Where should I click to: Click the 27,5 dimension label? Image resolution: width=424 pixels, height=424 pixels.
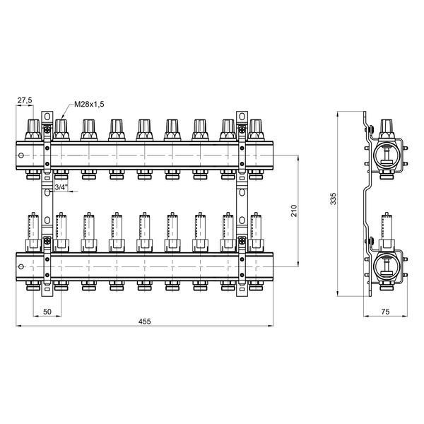(x=25, y=100)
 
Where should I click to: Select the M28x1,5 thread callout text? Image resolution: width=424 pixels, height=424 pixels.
(x=89, y=104)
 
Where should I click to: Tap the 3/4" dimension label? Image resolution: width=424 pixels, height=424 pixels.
(x=61, y=187)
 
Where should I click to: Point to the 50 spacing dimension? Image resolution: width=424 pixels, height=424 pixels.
(x=47, y=312)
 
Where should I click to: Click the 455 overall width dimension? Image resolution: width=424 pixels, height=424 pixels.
(x=145, y=322)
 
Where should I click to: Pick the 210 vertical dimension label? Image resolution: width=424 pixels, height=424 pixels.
(x=294, y=211)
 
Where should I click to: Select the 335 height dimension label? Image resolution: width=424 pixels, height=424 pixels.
(x=334, y=199)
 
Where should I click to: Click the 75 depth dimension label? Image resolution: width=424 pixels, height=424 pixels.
(x=385, y=312)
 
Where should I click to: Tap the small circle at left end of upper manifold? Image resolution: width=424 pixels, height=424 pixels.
(x=21, y=155)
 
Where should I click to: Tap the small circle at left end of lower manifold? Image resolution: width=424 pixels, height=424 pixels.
(x=21, y=267)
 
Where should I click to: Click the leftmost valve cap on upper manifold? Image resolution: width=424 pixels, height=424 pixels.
(x=33, y=130)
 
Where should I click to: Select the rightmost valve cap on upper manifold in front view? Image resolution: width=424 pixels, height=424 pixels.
(x=256, y=130)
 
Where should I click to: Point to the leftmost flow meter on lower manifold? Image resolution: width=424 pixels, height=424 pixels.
(x=33, y=232)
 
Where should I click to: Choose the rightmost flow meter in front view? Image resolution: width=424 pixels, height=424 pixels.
(x=256, y=232)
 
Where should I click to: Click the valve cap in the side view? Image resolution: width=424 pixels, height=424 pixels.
(x=387, y=130)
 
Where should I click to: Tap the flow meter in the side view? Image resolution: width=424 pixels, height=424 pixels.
(x=387, y=232)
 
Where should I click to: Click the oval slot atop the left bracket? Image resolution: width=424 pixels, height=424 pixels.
(x=47, y=117)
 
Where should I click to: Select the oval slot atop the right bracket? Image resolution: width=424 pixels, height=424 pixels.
(x=242, y=117)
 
